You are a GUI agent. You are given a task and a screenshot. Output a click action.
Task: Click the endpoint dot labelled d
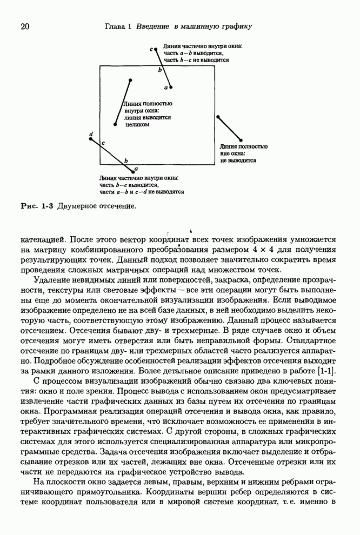pyautogui.click(x=90, y=139)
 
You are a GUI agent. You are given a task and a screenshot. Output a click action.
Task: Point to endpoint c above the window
pyautogui.click(x=156, y=50)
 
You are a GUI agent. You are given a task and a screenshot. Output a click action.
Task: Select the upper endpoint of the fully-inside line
pyautogui.click(x=130, y=81)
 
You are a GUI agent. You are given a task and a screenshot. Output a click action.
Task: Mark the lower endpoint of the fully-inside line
pyautogui.click(x=115, y=125)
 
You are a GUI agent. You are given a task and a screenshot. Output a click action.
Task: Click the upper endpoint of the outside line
pyautogui.click(x=217, y=116)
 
